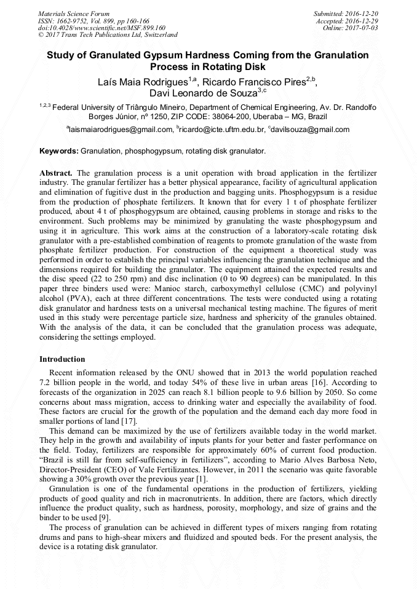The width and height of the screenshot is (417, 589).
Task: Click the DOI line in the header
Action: click(x=101, y=28)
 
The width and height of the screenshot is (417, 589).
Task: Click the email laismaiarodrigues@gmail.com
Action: click(x=121, y=130)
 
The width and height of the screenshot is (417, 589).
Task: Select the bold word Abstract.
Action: click(x=56, y=174)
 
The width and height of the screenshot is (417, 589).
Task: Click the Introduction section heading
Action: click(x=62, y=359)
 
